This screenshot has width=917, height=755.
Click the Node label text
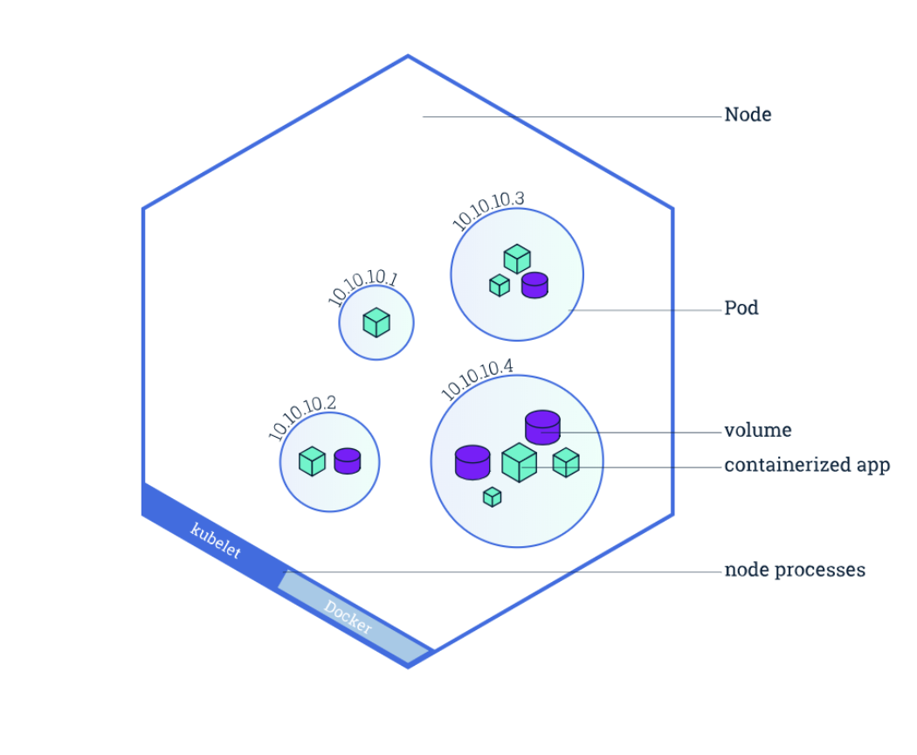click(748, 114)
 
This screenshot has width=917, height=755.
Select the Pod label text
click(741, 308)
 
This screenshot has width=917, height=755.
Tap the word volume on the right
click(757, 431)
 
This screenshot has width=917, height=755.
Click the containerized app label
click(806, 466)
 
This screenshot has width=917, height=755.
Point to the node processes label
click(794, 571)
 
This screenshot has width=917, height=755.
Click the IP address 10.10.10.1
click(362, 288)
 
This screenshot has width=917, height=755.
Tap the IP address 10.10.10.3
click(487, 210)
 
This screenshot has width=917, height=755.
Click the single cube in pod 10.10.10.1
click(376, 322)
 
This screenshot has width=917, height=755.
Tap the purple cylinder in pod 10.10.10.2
click(348, 461)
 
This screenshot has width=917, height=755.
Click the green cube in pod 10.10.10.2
click(312, 461)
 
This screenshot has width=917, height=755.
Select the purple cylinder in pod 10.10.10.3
click(534, 285)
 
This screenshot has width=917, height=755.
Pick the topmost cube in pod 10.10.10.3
click(517, 259)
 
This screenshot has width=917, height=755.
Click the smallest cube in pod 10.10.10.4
click(493, 496)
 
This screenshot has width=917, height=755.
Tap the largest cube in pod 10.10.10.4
click(519, 461)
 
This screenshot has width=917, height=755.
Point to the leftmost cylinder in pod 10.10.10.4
click(472, 461)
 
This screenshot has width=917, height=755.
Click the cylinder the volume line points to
click(542, 426)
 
